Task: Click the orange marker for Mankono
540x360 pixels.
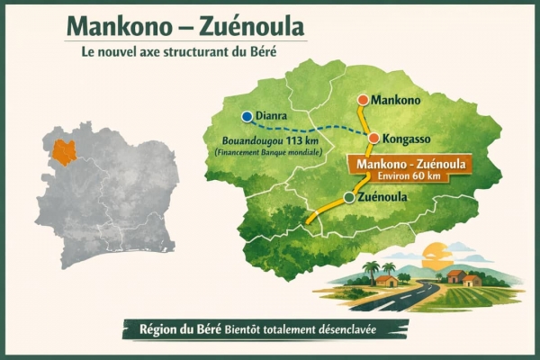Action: (x=362, y=100)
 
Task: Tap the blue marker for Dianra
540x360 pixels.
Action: (x=246, y=116)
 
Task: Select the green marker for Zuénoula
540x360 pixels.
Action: (x=348, y=197)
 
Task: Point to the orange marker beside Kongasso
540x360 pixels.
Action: (x=373, y=138)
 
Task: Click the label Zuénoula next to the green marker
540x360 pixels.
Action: (x=384, y=197)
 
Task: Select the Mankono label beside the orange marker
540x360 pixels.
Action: (x=398, y=100)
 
